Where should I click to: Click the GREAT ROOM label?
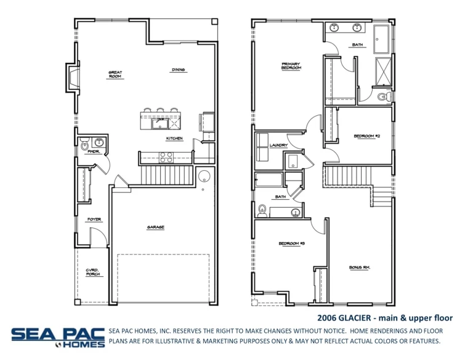[115, 75]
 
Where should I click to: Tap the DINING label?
[178, 70]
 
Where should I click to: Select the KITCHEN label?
[174, 139]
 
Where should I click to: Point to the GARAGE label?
[155, 227]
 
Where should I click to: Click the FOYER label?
[94, 219]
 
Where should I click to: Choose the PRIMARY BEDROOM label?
[291, 65]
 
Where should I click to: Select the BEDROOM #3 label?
[292, 243]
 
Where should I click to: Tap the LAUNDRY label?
[278, 145]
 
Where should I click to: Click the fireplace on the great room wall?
[73, 78]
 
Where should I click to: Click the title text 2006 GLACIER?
[345, 318]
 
